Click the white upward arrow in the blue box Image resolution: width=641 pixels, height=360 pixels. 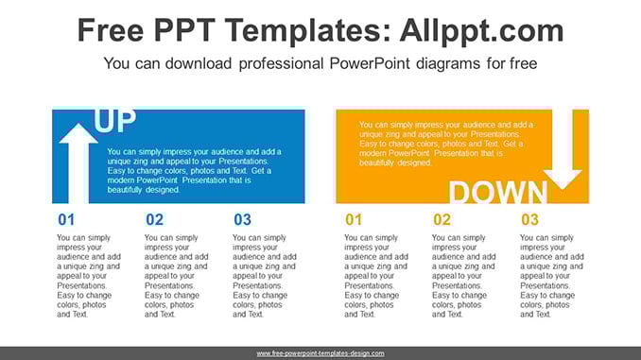coord(78,163)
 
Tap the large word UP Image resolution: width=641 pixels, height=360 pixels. coord(114,121)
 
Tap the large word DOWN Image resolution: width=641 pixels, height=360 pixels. coord(498,192)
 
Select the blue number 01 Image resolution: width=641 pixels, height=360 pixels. coord(66,219)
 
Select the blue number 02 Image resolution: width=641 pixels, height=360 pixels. coord(154,219)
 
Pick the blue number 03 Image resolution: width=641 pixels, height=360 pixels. coord(242,219)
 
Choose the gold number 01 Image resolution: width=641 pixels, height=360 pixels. coord(354,219)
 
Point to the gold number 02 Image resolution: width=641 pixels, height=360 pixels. coord(442,219)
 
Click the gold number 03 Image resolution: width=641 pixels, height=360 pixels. coord(529,219)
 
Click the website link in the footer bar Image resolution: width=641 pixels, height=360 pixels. coord(320,353)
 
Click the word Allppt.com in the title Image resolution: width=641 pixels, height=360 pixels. coord(481,30)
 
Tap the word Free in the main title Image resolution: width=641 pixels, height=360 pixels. coord(111,30)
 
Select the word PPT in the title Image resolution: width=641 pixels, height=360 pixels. coord(184,30)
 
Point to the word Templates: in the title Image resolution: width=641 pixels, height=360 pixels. coord(308,31)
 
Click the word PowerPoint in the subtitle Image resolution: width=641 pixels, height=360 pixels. coord(370,63)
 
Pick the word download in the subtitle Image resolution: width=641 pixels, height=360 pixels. coord(199,63)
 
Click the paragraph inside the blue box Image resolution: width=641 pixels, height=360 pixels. coord(195,170)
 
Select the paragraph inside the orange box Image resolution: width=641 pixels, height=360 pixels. coord(446,144)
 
